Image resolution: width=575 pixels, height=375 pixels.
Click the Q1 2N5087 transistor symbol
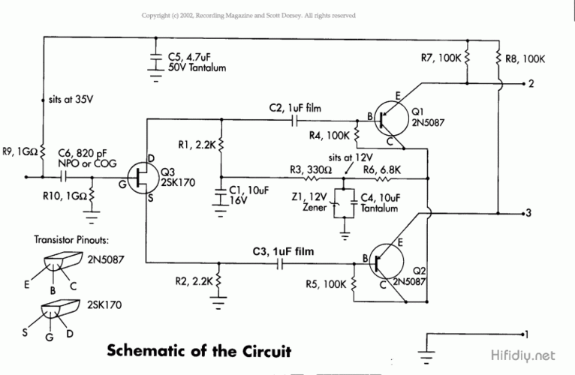(x=389, y=117)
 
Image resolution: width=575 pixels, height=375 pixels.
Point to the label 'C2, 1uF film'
(x=295, y=109)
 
